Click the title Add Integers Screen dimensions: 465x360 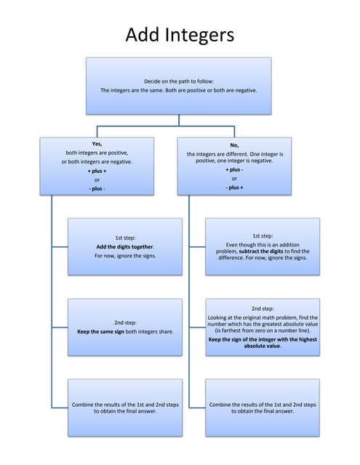(x=180, y=34)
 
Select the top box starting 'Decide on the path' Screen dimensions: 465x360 (x=179, y=86)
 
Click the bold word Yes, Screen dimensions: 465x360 (x=97, y=145)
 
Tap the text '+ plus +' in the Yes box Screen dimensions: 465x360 (x=97, y=171)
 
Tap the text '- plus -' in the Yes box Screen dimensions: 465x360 (x=97, y=188)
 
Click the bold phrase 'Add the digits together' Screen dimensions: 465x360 (x=124, y=246)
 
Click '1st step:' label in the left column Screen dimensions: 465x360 (x=124, y=238)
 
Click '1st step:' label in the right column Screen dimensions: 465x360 (x=263, y=236)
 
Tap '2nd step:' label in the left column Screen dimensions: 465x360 (x=124, y=323)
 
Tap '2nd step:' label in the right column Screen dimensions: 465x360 (x=263, y=308)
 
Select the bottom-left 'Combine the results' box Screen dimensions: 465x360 (x=124, y=407)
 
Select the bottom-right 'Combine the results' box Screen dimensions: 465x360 (x=263, y=407)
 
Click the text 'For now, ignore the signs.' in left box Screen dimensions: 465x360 (x=124, y=256)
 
